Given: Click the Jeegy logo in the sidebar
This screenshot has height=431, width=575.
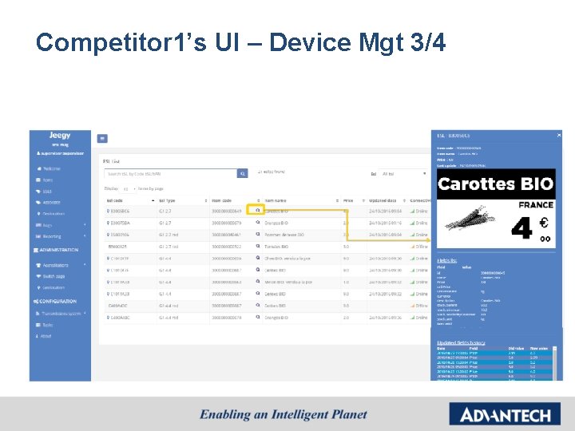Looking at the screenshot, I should [60, 136].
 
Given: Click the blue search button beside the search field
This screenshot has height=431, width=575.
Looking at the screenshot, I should [243, 173].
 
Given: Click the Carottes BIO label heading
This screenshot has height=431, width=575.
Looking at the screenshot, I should [495, 184].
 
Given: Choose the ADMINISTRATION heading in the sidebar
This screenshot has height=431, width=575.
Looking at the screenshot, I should [58, 250].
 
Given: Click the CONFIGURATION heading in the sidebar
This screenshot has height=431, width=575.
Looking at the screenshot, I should [57, 301].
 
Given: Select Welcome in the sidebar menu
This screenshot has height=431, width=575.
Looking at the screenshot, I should [51, 168].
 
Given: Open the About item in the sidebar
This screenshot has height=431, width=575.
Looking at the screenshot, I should [47, 336].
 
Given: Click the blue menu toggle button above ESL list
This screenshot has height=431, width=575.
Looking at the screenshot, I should [102, 138].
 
